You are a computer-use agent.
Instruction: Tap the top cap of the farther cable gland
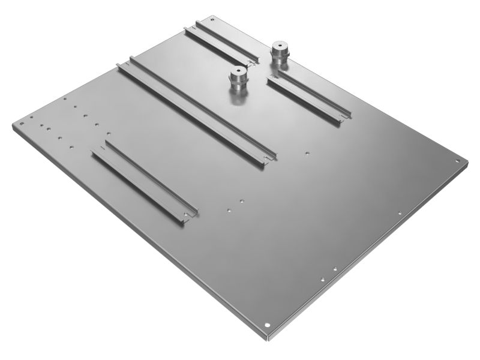point(279,46)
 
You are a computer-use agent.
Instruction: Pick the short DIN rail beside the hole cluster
point(144,184)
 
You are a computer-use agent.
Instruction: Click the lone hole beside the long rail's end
point(307,153)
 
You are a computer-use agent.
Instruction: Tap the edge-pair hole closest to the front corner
point(323,278)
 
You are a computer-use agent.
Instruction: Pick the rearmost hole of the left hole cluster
point(64,99)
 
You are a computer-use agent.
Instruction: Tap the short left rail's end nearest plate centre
point(190,215)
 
